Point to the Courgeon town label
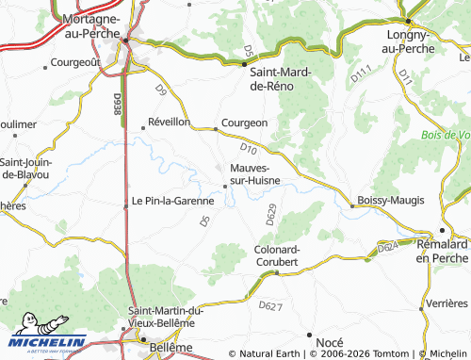tap(246, 123)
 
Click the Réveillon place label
tap(170, 123)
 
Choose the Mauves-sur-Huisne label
tap(260, 174)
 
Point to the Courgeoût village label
tap(74, 63)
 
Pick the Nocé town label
tap(330, 341)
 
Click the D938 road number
tap(118, 105)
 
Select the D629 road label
tap(270, 215)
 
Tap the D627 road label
tap(269, 305)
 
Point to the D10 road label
tap(249, 148)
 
